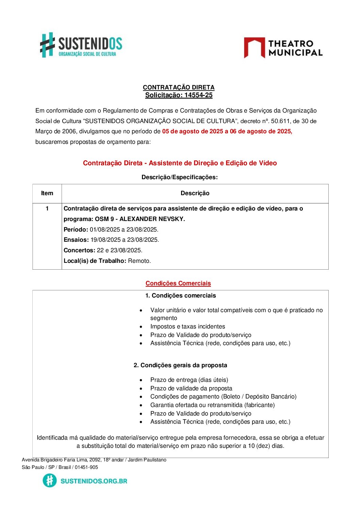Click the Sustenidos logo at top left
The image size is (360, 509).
point(81,45)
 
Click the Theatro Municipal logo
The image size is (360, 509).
point(283,48)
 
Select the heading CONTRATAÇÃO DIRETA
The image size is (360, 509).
point(179,87)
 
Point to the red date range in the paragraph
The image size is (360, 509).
point(227,131)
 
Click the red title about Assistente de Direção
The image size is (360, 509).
point(180,163)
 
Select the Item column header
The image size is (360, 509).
point(47,193)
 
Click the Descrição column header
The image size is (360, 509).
point(195,193)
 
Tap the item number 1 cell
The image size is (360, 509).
point(47,208)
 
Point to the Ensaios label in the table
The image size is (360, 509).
point(76,240)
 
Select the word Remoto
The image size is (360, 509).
point(139,261)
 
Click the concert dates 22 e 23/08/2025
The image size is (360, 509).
point(119,250)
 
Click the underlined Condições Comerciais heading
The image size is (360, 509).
point(178,283)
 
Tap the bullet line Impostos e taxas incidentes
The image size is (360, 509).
point(187,326)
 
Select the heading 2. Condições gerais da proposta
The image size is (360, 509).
point(180,365)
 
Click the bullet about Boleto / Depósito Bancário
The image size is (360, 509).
point(223,396)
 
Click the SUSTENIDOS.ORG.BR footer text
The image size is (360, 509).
point(94,481)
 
